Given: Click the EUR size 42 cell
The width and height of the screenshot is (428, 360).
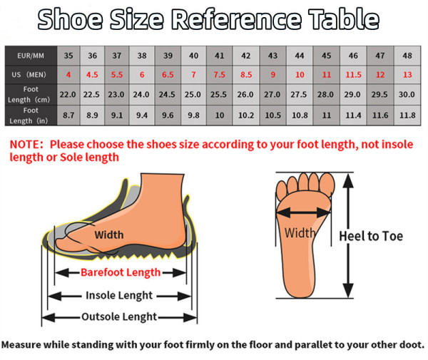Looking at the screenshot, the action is click(245, 56).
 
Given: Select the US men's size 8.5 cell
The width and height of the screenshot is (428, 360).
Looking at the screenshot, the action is click(245, 75).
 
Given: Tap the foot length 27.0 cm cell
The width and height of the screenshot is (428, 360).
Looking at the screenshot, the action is click(272, 95).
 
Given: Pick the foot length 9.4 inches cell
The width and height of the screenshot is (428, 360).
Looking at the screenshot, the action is click(142, 115).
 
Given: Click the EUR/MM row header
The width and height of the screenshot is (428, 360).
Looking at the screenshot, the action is click(31, 56).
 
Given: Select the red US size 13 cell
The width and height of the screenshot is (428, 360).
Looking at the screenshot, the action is click(407, 75).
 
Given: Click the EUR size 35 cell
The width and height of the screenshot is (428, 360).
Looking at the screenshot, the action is click(68, 56).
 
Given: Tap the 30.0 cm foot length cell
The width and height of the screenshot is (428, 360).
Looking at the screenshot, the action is click(407, 95).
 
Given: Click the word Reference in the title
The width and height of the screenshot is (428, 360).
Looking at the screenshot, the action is click(236, 19).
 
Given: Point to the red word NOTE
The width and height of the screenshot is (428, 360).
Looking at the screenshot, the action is click(24, 144).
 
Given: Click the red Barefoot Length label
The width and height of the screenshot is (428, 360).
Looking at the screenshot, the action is click(121, 272).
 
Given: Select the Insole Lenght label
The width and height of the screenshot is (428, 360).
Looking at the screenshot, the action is click(119, 295).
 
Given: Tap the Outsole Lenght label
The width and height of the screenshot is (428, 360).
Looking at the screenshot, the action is click(119, 317).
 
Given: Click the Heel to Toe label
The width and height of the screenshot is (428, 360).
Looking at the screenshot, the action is click(371, 236).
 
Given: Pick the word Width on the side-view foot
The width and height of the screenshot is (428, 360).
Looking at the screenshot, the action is click(109, 235).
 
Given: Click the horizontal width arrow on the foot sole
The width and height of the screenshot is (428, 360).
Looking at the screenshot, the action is click(303, 212).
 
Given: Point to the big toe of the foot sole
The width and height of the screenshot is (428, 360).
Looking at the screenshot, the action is click(327, 182).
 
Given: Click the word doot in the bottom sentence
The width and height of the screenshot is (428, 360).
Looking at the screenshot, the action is click(410, 345).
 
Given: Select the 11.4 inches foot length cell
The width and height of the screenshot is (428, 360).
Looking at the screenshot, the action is click(353, 115).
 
